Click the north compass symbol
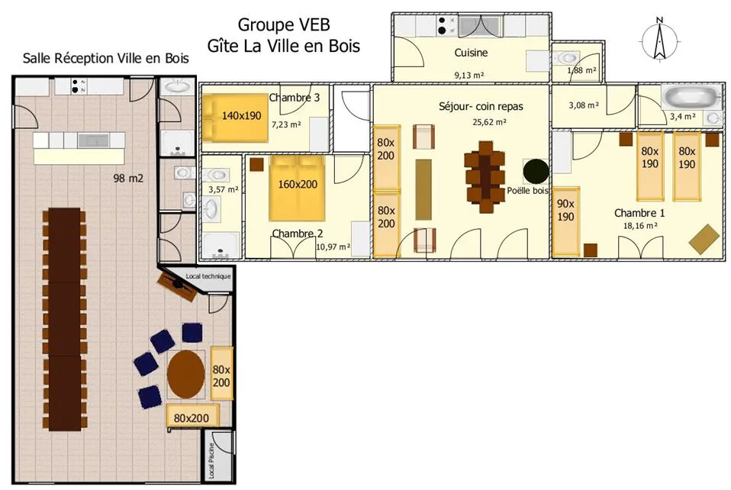coord(659,40)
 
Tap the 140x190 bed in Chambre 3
coord(236,118)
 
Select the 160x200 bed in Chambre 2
coord(297,188)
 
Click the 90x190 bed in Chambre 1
coord(566,222)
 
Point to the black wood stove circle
coord(536,171)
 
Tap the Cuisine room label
coord(471,53)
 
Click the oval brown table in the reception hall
coord(185,374)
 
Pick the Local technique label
coord(208,276)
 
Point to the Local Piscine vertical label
coord(211,461)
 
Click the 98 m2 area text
coord(128,178)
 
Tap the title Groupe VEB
coord(284,24)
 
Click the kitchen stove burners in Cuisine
coord(446,25)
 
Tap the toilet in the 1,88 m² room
coord(565,59)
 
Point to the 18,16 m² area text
coord(640,226)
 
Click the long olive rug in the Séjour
coord(423,189)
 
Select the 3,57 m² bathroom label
coord(224,190)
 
